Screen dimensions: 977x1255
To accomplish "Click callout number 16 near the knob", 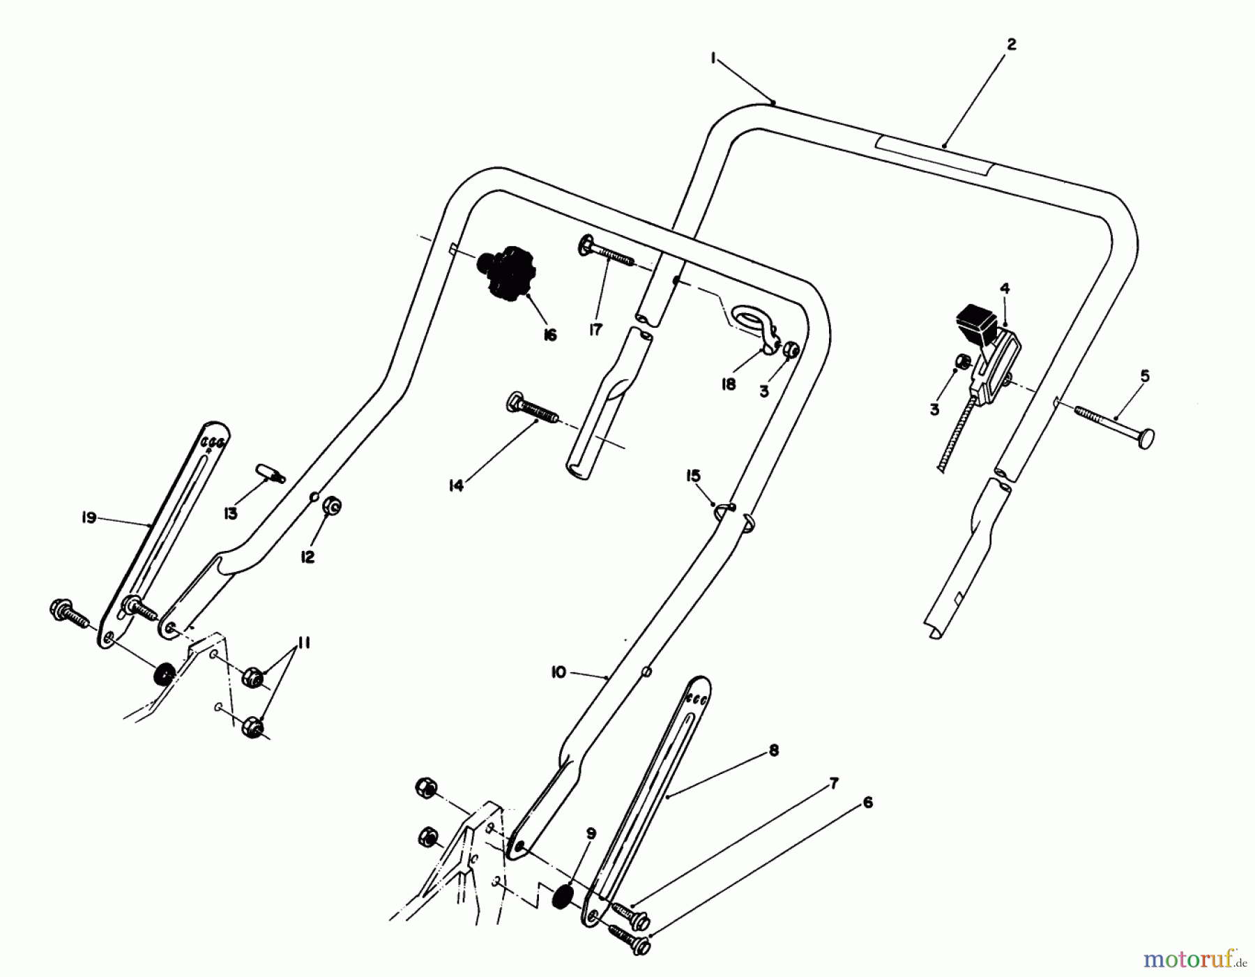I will [549, 335].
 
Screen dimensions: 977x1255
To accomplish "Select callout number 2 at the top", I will [1011, 45].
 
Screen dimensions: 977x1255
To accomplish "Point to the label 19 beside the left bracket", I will [89, 518].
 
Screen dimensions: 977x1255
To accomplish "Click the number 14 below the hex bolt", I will [455, 486].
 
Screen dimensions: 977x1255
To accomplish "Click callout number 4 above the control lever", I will [1004, 288].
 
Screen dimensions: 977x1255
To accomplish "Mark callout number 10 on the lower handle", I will [558, 672].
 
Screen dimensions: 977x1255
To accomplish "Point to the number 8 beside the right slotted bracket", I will [773, 750].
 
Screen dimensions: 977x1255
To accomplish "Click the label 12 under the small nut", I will [307, 557].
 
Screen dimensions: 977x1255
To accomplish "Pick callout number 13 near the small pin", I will [230, 514].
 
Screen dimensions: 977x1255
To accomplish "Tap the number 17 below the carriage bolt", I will [595, 329].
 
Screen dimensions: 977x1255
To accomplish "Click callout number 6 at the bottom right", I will [867, 803].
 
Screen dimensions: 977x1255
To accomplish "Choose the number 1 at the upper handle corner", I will [713, 60].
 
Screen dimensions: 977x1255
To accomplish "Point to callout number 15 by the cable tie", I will [693, 476].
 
